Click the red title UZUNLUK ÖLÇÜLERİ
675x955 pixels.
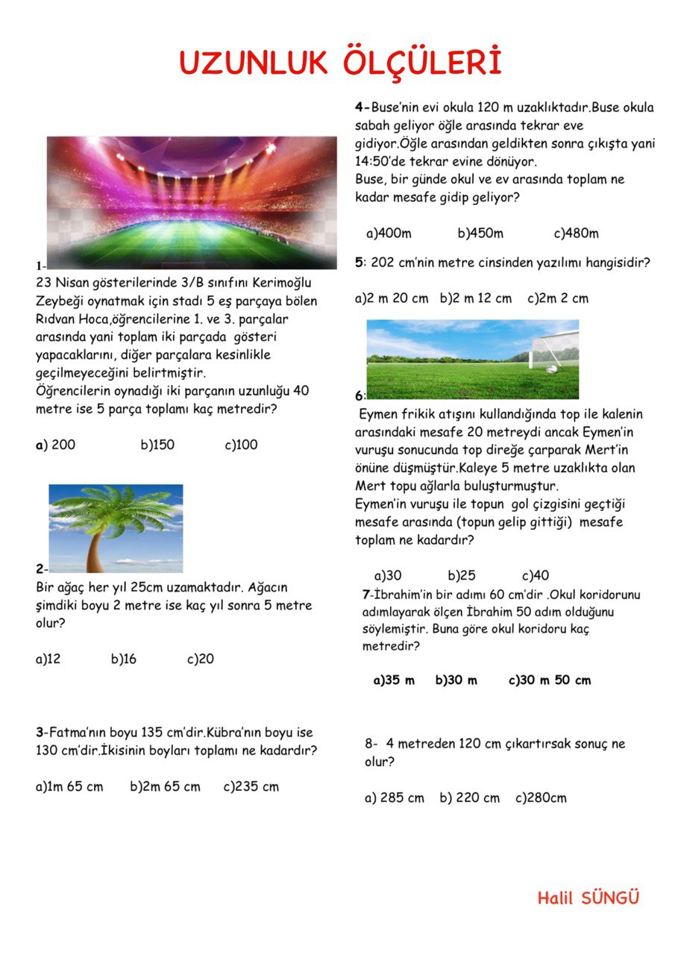click(340, 63)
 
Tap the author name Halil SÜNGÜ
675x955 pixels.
click(588, 898)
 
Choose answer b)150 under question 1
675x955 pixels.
click(157, 445)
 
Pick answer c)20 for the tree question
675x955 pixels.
click(201, 659)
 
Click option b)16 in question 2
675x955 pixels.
click(124, 659)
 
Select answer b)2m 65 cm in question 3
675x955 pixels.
click(165, 786)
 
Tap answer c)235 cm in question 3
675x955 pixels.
click(251, 786)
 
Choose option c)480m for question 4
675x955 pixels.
click(576, 234)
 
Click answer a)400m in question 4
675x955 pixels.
click(389, 234)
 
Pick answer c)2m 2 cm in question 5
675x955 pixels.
click(558, 298)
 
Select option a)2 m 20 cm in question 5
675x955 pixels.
click(392, 298)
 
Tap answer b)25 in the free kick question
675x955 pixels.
click(462, 576)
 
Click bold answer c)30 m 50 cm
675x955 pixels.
click(550, 680)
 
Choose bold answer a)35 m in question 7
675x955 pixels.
click(394, 680)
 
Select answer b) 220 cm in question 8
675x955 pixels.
click(470, 798)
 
